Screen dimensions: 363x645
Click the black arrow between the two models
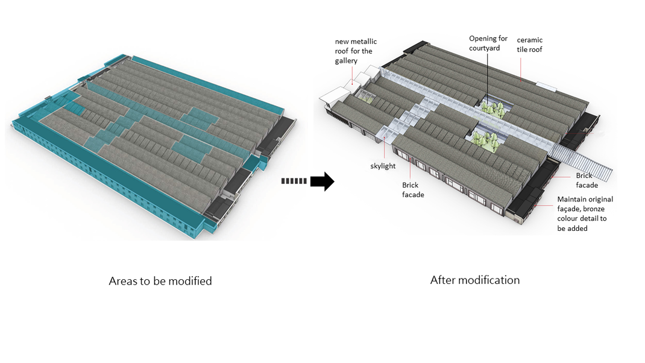[x=324, y=180]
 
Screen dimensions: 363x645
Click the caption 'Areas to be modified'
[x=160, y=281]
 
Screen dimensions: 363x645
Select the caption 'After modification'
[x=474, y=280]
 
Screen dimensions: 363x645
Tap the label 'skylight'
[x=383, y=166]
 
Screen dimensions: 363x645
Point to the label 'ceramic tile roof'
[x=529, y=45]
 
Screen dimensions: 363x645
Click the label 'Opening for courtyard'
[x=488, y=43]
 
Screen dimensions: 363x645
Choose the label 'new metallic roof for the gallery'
[x=356, y=51]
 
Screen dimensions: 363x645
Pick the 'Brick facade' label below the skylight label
[x=413, y=190]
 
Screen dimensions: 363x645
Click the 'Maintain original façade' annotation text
[x=585, y=199]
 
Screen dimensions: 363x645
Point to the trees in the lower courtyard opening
[x=484, y=138]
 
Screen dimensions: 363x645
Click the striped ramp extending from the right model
[x=587, y=163]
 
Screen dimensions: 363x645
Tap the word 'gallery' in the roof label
[x=347, y=61]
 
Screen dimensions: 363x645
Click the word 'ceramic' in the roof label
[x=529, y=40]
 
